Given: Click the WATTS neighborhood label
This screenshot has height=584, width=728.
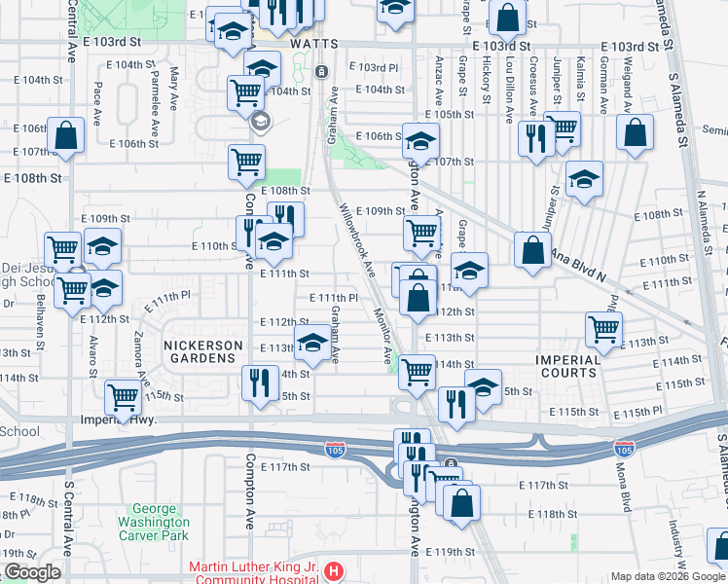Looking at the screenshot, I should click(x=313, y=45).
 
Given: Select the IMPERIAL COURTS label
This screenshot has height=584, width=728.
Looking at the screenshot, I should click(x=568, y=366).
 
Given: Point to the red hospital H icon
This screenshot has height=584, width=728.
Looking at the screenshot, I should click(x=333, y=569).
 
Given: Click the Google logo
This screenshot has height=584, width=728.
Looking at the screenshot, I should click(x=32, y=572).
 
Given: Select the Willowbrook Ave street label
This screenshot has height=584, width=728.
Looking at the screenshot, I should click(x=356, y=238).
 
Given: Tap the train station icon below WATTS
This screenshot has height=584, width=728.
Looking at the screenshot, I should click(x=321, y=71).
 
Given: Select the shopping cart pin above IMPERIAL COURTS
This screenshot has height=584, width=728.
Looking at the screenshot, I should click(x=603, y=330).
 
